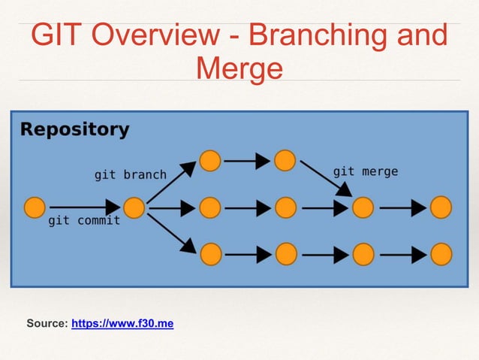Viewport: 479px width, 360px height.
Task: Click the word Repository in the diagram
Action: pyautogui.click(x=74, y=129)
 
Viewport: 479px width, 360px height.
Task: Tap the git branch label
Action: pyautogui.click(x=130, y=174)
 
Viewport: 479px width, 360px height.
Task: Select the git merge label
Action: pyautogui.click(x=366, y=171)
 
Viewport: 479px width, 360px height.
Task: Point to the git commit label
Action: pyautogui.click(x=84, y=221)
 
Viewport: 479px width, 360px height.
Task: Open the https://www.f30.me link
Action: pyautogui.click(x=122, y=324)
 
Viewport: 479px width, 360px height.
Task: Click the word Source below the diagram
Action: pyautogui.click(x=46, y=324)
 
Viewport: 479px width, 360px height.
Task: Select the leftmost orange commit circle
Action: pyautogui.click(x=35, y=207)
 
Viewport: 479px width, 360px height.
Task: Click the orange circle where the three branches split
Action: pyautogui.click(x=134, y=207)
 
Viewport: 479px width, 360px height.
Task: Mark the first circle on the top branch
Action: pyautogui.click(x=210, y=161)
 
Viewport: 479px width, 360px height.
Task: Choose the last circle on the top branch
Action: pyautogui.click(x=285, y=161)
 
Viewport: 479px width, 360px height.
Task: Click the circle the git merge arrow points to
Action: pyautogui.click(x=363, y=207)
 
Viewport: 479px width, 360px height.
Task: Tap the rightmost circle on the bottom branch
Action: pyautogui.click(x=441, y=254)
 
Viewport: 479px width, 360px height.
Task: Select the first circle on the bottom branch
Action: pyautogui.click(x=210, y=254)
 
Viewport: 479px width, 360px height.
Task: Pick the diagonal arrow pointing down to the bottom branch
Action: pyautogui.click(x=171, y=233)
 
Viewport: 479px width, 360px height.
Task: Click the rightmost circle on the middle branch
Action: pyautogui.click(x=441, y=207)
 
